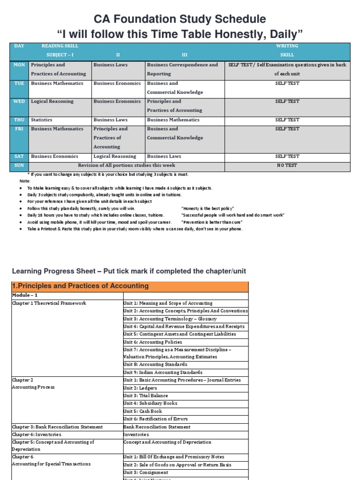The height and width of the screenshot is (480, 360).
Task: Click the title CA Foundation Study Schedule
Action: (x=180, y=19)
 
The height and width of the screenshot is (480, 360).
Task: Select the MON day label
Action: (x=19, y=65)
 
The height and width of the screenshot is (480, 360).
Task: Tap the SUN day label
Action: (x=19, y=165)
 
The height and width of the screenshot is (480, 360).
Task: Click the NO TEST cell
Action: (x=287, y=165)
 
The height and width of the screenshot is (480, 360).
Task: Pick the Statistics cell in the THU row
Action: (x=42, y=120)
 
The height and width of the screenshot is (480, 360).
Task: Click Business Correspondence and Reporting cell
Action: (x=182, y=69)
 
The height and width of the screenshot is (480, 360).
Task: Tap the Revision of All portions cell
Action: (x=127, y=165)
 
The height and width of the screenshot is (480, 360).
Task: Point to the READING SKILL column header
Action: (x=60, y=46)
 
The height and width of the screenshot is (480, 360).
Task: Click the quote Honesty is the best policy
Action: (x=207, y=208)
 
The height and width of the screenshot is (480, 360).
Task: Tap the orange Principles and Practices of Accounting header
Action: (x=80, y=286)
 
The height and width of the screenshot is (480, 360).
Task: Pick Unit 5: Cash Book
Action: (x=142, y=411)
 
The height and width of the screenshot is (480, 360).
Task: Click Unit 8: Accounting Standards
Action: (x=155, y=364)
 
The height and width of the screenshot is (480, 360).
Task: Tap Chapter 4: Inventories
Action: (x=37, y=435)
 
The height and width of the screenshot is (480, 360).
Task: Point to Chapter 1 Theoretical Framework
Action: (x=49, y=303)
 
